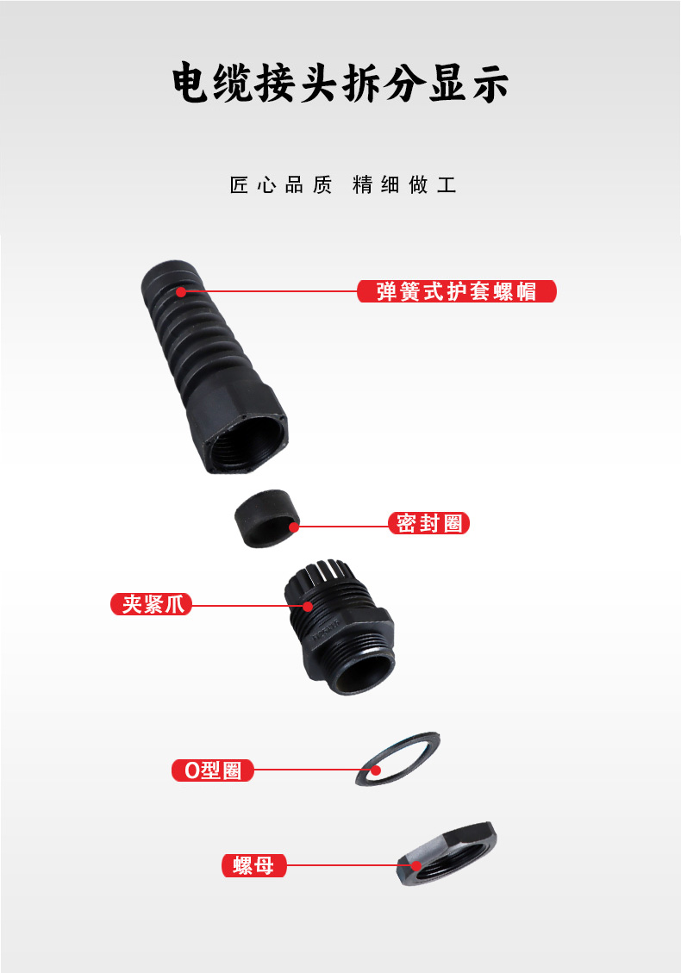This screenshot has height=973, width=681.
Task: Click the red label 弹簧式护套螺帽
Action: (456, 291)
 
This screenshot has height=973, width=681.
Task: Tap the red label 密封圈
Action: (429, 523)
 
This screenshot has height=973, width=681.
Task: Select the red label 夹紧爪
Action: (152, 604)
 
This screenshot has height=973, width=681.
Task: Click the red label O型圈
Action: (213, 770)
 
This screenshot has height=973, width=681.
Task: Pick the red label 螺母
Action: (254, 865)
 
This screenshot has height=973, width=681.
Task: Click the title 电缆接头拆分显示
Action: (340, 83)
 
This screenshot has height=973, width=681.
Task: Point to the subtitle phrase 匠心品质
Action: (281, 185)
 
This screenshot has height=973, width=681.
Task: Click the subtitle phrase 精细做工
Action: (405, 185)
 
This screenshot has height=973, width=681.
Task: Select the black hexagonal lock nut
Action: (447, 853)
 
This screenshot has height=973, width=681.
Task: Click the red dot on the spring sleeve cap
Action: (181, 291)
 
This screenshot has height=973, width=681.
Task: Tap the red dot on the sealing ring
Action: (294, 527)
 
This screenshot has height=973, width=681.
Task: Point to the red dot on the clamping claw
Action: (307, 606)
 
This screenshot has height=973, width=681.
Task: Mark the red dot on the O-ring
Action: (376, 770)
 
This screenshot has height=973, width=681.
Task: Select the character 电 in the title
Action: (190, 83)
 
